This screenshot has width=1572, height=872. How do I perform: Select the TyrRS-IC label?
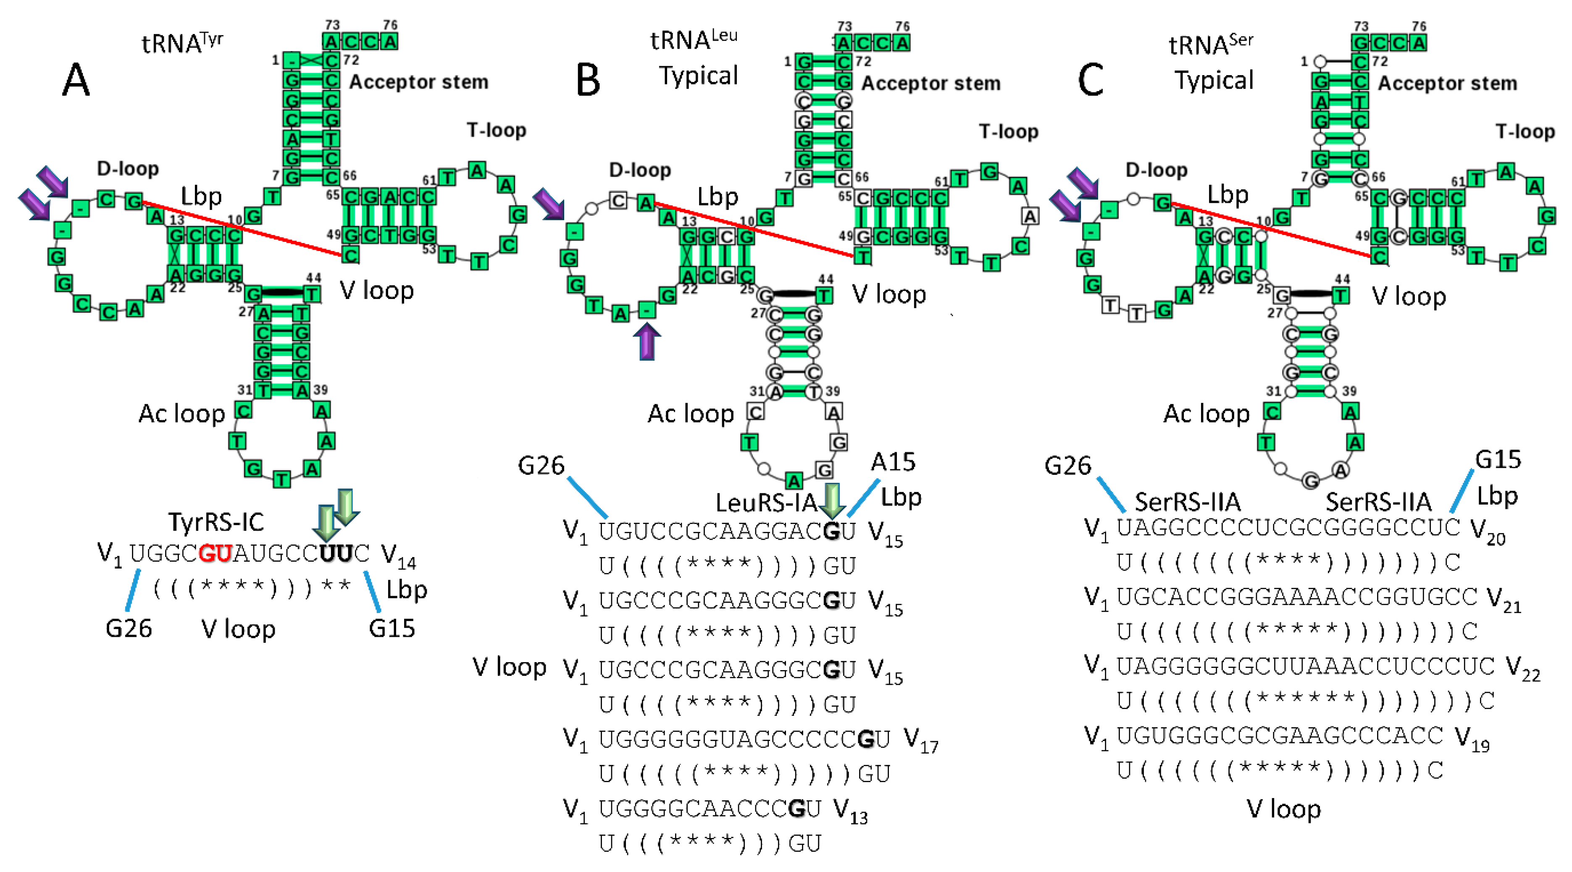[x=216, y=522]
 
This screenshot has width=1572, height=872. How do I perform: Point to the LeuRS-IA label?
[x=766, y=503]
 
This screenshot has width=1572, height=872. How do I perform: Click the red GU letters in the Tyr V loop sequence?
[x=216, y=554]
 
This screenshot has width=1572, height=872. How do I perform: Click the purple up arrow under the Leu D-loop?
[x=647, y=341]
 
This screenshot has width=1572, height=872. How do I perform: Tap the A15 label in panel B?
[x=893, y=462]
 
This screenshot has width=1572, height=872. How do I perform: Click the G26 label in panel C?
[x=1067, y=466]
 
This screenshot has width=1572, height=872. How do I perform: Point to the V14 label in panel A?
[x=398, y=556]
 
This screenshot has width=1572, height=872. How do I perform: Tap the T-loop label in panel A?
[x=496, y=130]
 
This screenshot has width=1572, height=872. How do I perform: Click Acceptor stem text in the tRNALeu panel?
[x=931, y=83]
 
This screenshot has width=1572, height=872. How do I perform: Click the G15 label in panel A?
[x=392, y=628]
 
